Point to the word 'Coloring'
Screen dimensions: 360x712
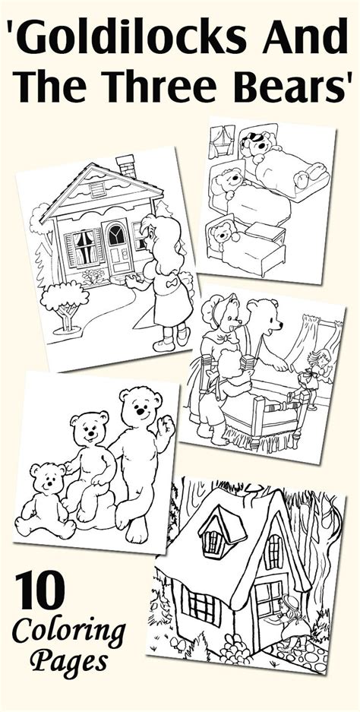click(69, 632)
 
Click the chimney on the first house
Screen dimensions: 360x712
click(126, 166)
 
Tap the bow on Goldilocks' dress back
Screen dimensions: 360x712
click(172, 283)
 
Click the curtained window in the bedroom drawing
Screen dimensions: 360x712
click(221, 141)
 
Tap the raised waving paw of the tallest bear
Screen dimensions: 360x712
click(166, 426)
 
